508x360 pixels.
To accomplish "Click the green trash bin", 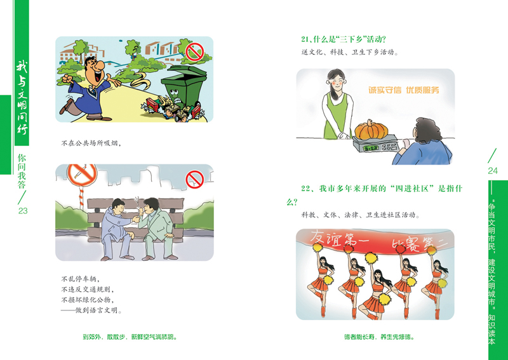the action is (x=184, y=88).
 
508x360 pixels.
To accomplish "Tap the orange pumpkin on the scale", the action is (x=371, y=129).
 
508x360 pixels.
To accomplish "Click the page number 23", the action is (x=23, y=211).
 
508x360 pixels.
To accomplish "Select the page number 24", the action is (x=493, y=171).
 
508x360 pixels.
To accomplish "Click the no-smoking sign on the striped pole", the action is (x=82, y=175).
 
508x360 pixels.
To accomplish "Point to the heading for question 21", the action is (x=344, y=39).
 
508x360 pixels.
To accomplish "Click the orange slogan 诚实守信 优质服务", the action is (x=404, y=90).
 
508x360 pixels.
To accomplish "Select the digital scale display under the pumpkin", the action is (x=371, y=148).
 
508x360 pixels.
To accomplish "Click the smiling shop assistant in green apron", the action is (x=337, y=104).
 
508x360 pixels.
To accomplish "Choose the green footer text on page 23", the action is (x=130, y=337).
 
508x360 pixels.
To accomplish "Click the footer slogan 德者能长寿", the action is (x=379, y=337).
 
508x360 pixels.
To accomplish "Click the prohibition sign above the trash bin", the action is (x=194, y=51).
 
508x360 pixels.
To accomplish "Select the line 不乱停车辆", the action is (x=81, y=279).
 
